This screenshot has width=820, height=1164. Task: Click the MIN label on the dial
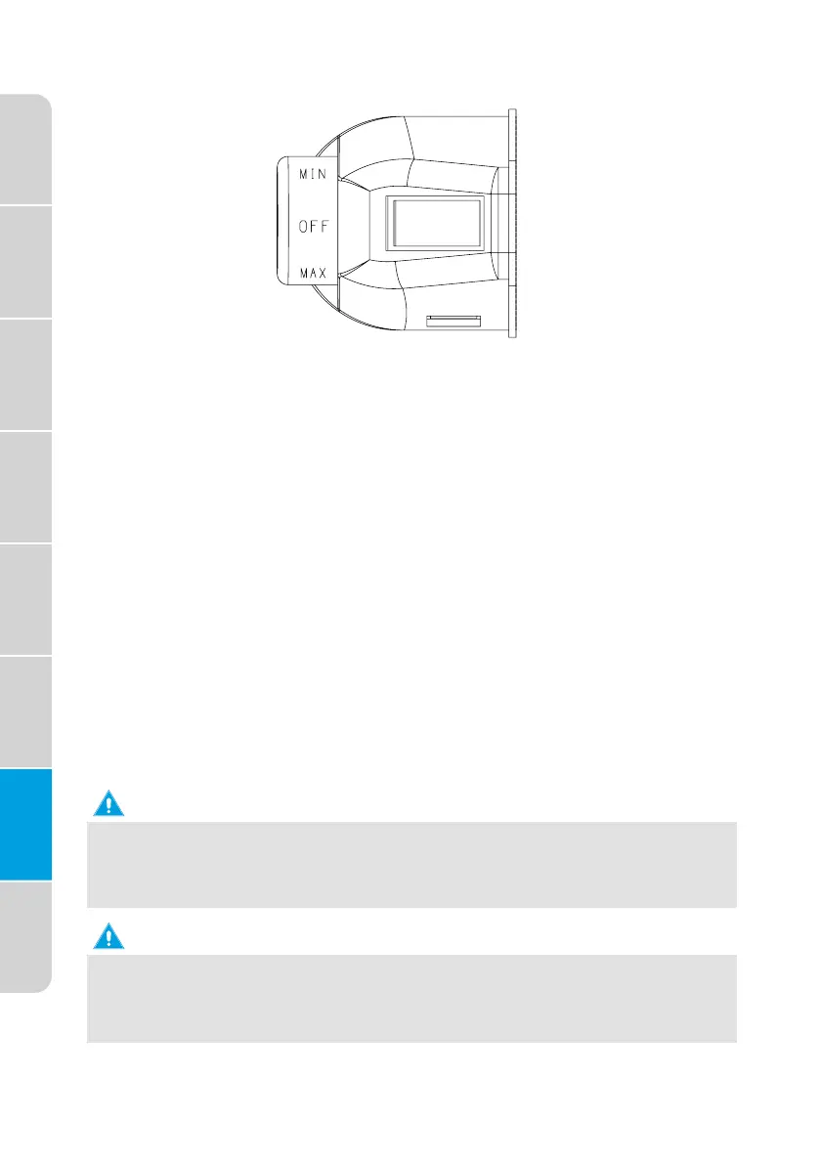[x=312, y=172]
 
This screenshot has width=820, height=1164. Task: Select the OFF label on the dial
[x=313, y=225]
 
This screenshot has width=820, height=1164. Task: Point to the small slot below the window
[x=454, y=319]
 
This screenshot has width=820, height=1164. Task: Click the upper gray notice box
[x=410, y=864]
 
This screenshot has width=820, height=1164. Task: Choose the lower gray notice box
[x=410, y=998]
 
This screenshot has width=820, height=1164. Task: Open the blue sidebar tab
[x=25, y=824]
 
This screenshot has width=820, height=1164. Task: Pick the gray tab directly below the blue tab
[x=25, y=936]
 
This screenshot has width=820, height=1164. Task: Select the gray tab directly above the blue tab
[x=25, y=711]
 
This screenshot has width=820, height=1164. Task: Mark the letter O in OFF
[x=302, y=225]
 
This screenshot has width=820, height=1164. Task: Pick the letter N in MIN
[x=324, y=172]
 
